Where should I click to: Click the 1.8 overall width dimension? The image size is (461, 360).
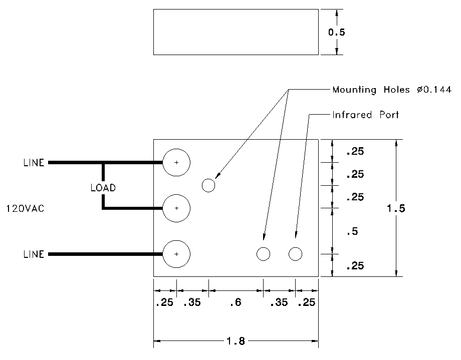coord(235,341)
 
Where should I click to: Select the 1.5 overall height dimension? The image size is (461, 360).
coord(396,208)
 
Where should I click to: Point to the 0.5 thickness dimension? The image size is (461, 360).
coord(337,32)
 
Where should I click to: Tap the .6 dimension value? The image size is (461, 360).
coord(236,302)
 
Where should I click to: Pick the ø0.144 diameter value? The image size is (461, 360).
coord(433,90)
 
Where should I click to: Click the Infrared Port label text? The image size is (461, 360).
coord(365,115)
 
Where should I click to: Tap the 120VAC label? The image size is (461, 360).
coord(25,208)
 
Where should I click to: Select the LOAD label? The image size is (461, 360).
coord(103,188)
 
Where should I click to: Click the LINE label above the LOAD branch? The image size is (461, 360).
coord(34,163)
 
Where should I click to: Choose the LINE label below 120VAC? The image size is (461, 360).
coord(34,254)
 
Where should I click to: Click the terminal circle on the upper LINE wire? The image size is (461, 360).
coord(176,163)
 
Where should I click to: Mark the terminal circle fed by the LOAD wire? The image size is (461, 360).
coord(176,208)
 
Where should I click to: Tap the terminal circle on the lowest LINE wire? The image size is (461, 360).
coord(176,254)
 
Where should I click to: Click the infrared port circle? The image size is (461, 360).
coord(296,254)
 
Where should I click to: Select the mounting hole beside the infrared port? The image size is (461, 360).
coord(263,254)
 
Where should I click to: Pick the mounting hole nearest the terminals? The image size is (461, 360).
coord(208,186)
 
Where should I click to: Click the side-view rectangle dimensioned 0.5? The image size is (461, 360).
coord(236,32)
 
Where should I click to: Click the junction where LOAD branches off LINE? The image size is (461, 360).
coord(103,163)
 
